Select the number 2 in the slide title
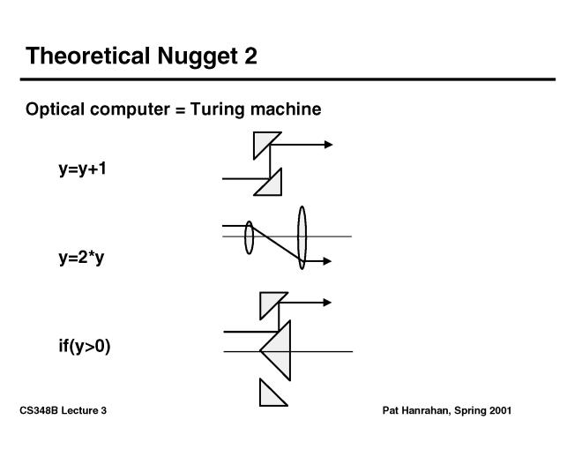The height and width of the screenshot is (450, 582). click(250, 56)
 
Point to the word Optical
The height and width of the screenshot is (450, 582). click(55, 109)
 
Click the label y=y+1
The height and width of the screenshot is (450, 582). click(82, 169)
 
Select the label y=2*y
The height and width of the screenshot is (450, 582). click(82, 258)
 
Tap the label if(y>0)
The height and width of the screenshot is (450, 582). click(85, 346)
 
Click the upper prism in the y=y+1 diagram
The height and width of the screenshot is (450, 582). click(263, 142)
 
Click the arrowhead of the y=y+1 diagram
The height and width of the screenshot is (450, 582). click(328, 144)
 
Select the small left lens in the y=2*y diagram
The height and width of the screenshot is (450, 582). click(250, 237)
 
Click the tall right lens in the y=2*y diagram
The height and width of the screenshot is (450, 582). click(302, 236)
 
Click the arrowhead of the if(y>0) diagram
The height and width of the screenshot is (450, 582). click(327, 303)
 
